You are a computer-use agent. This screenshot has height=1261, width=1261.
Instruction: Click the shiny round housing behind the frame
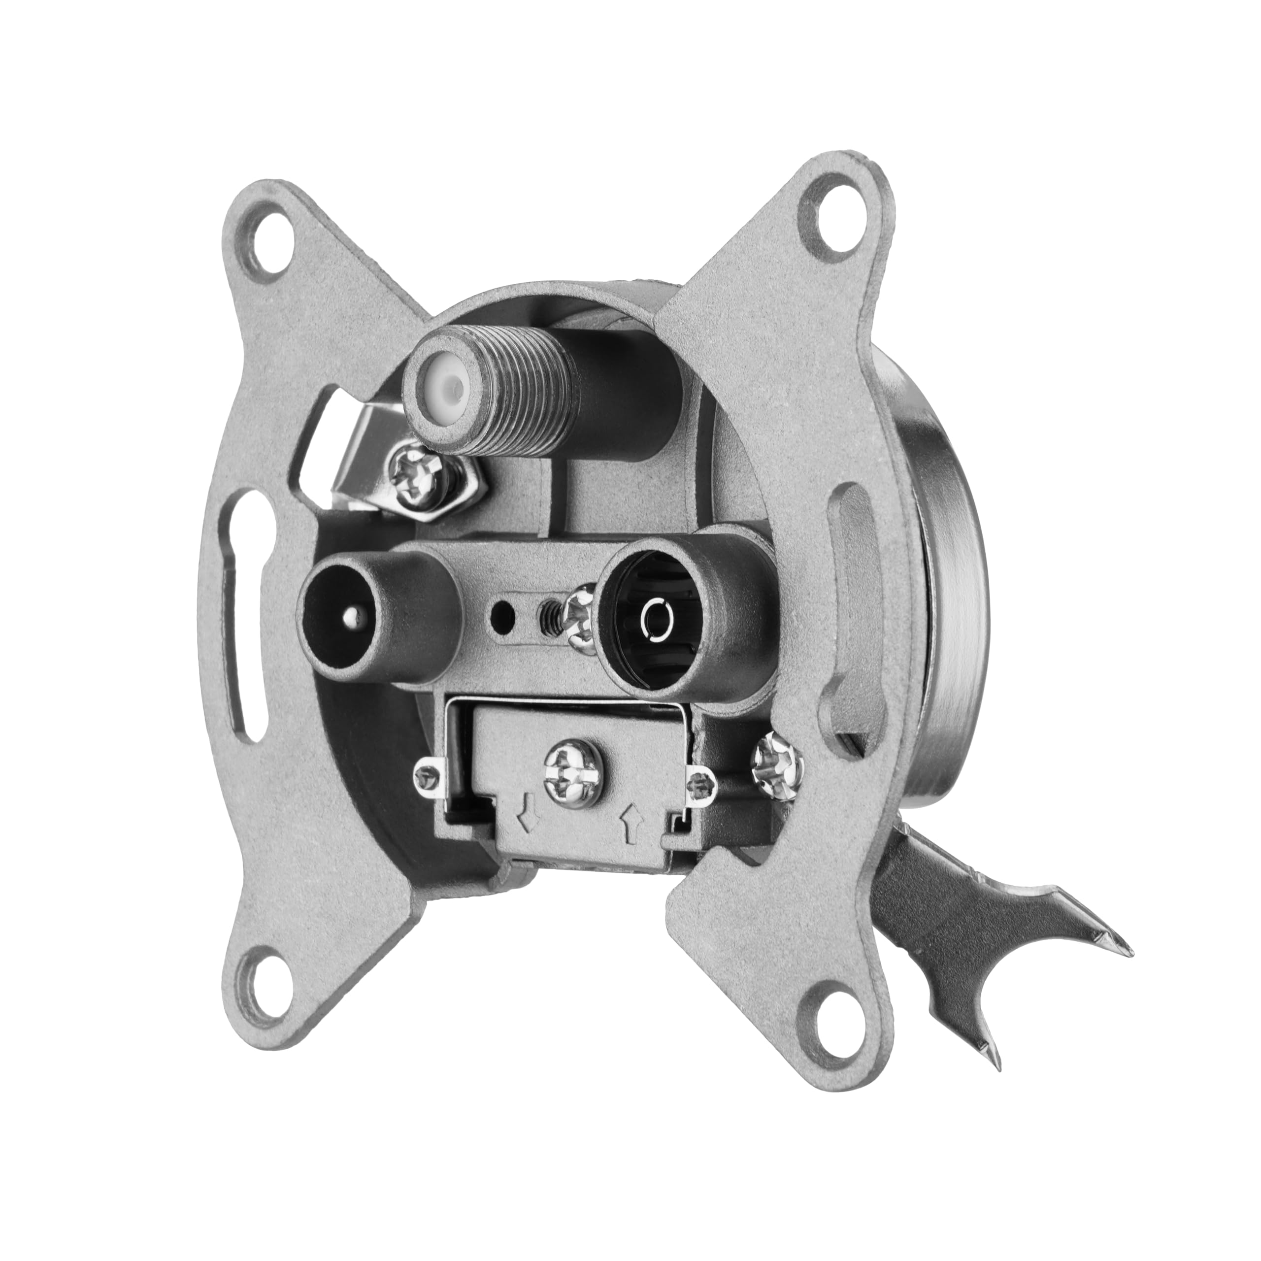[x=940, y=588]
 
